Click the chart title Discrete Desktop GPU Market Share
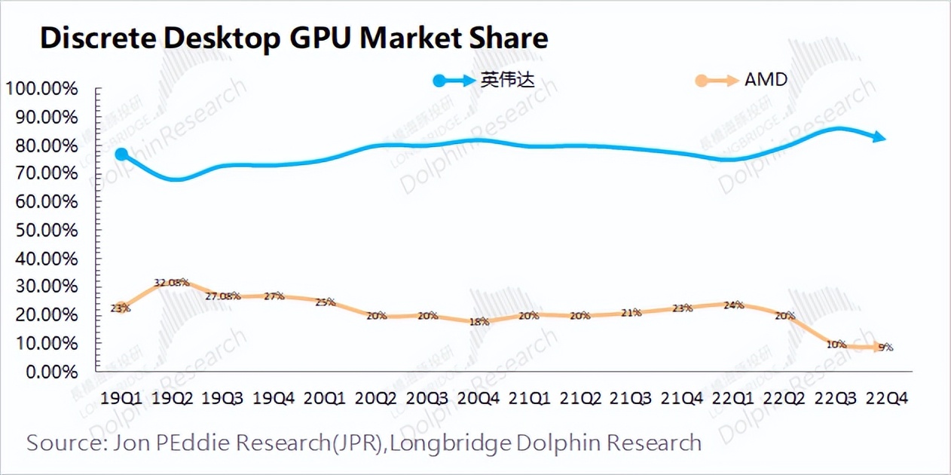[x=294, y=38]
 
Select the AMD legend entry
[x=766, y=79]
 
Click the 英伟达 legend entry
[x=507, y=79]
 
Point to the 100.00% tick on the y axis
[x=42, y=89]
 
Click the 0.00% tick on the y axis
[x=50, y=372]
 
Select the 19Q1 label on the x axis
[x=120, y=398]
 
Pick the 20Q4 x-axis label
[x=478, y=398]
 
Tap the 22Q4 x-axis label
[x=886, y=398]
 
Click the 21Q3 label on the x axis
[x=631, y=398]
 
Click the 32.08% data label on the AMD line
[x=171, y=283]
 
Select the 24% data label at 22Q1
[x=732, y=305]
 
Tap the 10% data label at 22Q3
[x=835, y=345]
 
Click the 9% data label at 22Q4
[x=885, y=348]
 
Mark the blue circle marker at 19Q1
[x=121, y=155]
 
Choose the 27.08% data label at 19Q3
[x=223, y=296]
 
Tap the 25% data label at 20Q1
[x=325, y=302]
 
